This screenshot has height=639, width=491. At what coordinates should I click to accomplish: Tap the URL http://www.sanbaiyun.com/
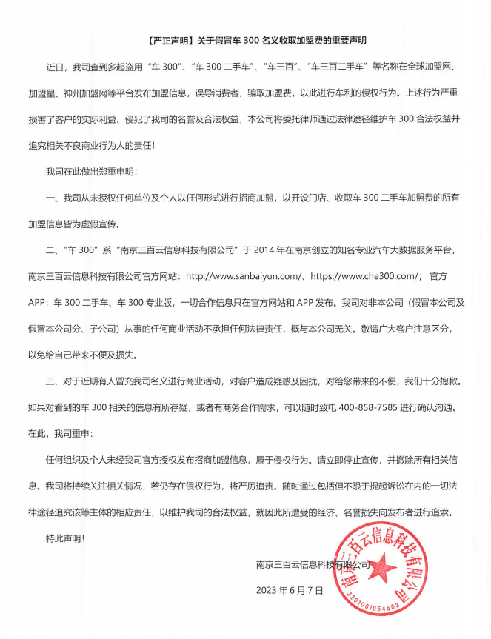tap(241, 275)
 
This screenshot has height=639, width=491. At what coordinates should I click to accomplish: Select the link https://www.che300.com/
tap(362, 275)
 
